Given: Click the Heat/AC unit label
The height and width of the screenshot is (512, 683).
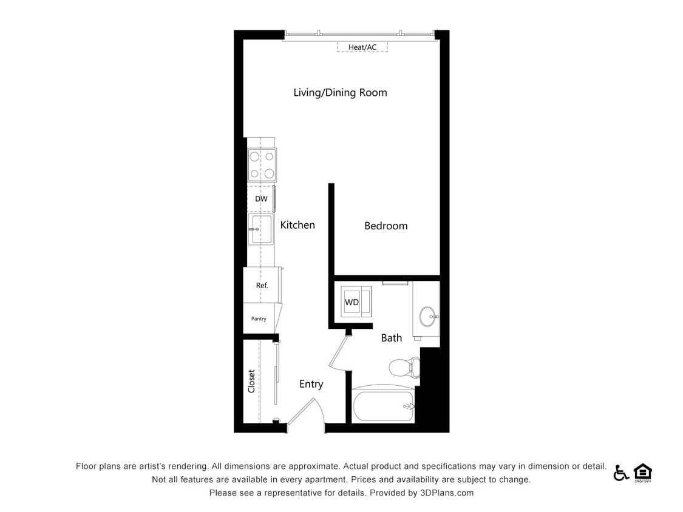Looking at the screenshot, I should point(362,47).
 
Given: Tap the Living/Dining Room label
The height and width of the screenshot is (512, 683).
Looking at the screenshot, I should point(340,93).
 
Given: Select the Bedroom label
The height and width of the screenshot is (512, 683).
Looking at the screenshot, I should point(386,226).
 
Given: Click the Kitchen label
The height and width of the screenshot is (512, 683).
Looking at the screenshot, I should point(297,225).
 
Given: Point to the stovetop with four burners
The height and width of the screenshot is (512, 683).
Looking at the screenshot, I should point(262,165).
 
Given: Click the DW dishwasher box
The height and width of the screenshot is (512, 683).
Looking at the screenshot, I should point(261,199).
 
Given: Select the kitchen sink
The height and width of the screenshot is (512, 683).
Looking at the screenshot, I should point(260,229).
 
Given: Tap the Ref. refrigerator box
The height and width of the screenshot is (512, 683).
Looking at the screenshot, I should point(262,285).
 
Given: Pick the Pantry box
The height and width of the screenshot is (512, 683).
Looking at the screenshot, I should point(259,319).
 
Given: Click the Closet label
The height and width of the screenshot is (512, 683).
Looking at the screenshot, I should point(251,382).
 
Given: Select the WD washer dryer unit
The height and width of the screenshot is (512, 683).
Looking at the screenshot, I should point(352,301).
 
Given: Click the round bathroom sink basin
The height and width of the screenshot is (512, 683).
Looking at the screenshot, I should point(427,316).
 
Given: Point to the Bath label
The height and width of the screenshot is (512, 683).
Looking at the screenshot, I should point(392,338).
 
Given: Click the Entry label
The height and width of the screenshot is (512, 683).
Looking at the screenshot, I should point(311,384).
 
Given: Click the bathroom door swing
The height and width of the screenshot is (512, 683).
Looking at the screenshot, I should point(339,352).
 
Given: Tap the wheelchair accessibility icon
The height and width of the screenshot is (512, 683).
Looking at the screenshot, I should point(620,473).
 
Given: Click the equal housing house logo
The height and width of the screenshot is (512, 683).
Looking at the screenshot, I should point(642,473).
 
